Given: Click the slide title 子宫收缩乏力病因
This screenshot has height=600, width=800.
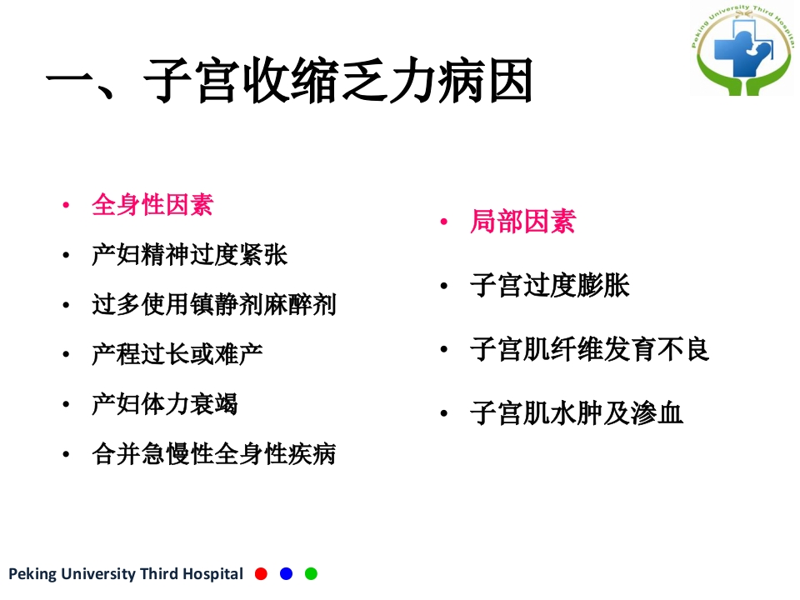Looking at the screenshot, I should (x=289, y=83).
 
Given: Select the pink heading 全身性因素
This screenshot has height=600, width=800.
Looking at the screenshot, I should (x=152, y=204).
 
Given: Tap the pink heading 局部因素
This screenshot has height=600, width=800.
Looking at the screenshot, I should (x=522, y=222).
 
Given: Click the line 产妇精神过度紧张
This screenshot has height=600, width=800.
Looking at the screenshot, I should (x=189, y=254).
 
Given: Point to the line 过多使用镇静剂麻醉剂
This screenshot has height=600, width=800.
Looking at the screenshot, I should (x=213, y=304).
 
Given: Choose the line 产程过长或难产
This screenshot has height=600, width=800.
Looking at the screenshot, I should (x=177, y=354).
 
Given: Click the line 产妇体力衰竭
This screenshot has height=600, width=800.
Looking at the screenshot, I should (x=165, y=404).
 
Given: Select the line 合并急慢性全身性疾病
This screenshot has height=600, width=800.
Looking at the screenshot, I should (x=213, y=454).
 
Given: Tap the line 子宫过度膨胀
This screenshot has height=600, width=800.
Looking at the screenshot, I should (x=549, y=286).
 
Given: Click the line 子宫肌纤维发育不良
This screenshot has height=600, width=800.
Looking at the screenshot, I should (x=589, y=349).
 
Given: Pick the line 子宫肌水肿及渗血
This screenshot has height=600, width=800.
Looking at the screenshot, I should (x=577, y=412).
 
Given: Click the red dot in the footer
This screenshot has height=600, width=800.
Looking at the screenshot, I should (x=261, y=573).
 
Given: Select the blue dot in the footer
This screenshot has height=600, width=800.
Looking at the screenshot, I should (x=286, y=573).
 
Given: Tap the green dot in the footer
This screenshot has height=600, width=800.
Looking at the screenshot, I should (x=311, y=573).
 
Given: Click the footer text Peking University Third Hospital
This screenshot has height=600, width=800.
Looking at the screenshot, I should (x=126, y=574).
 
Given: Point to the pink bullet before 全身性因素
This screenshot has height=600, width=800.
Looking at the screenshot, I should (x=66, y=206).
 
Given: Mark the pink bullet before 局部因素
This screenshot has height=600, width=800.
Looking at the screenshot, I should (x=445, y=223).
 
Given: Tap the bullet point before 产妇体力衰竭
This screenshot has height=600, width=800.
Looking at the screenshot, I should (x=66, y=406).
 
